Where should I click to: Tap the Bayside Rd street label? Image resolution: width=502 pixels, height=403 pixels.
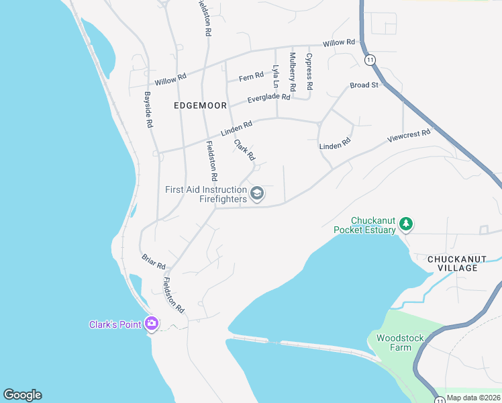click(x=148, y=110)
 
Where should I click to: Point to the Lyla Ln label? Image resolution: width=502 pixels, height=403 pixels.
click(x=275, y=77)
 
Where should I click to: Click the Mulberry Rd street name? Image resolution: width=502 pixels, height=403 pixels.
click(x=293, y=73)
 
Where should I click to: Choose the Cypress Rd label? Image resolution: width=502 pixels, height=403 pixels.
click(x=309, y=72)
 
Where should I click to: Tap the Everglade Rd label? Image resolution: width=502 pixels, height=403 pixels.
click(x=268, y=97)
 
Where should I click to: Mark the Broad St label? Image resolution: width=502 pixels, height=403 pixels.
click(x=364, y=85)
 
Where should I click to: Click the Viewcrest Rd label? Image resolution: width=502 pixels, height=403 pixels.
click(x=409, y=136)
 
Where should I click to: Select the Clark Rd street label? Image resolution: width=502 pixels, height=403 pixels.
click(x=244, y=150)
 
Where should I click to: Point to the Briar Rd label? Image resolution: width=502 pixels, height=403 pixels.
click(x=154, y=262)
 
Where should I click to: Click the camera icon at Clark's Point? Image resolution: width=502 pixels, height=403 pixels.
click(x=152, y=324)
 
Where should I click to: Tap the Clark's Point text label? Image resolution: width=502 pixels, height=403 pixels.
click(x=115, y=325)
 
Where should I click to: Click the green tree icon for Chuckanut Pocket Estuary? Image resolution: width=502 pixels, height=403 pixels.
click(x=405, y=223)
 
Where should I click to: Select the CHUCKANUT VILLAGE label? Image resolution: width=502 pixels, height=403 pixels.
click(x=453, y=263)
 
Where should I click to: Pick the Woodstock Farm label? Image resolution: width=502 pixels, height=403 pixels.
click(x=394, y=343)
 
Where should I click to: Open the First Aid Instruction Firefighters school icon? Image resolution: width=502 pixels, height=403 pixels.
click(x=256, y=195)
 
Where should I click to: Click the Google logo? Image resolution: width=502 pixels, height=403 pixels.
click(x=22, y=395)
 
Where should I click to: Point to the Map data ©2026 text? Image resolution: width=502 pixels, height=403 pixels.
click(x=473, y=398)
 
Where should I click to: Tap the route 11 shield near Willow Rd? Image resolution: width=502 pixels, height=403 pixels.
click(x=370, y=60)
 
